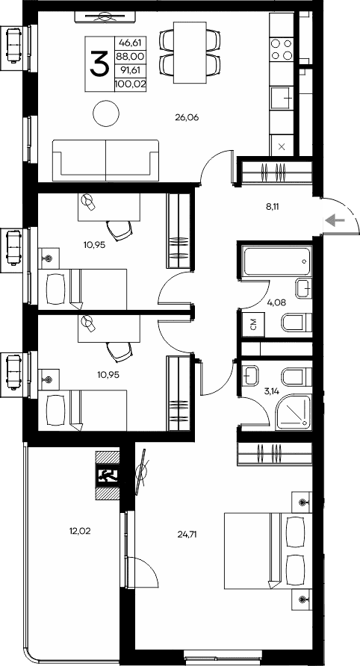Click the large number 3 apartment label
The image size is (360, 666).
pos(99,63)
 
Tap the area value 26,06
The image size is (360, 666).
pos(187,118)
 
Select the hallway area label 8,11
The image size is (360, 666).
pos(273,208)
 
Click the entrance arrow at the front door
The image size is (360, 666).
pos(336,220)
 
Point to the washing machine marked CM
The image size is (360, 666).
pos(253,326)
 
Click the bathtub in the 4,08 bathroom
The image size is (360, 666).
pos(276,258)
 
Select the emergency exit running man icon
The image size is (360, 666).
pos(108,475)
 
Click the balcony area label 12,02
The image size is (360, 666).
pos(80,531)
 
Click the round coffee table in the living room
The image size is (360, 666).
pos(106,113)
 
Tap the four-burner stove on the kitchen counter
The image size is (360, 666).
pos(282,49)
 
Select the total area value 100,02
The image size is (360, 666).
pos(130,84)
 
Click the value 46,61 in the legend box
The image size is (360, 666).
pos(130,42)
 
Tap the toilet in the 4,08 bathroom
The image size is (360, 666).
pos(297,323)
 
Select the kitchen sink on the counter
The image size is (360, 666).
pos(282,98)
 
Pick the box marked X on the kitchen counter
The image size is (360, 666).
pos(282,147)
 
